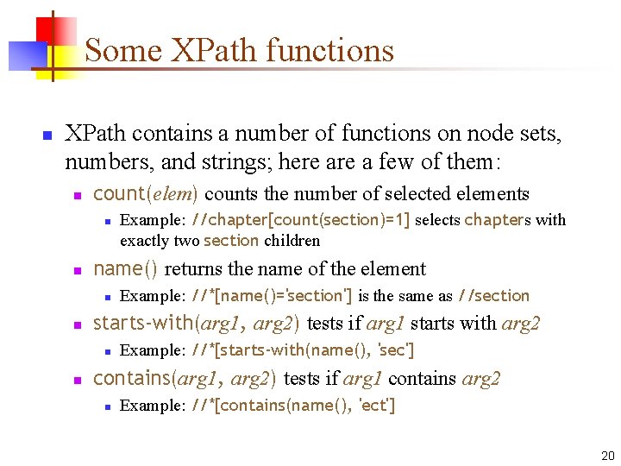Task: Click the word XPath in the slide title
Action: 204,50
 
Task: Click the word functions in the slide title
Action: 330,50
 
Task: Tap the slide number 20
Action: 605,455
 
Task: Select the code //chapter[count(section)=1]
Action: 300,220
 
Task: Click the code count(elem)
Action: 146,193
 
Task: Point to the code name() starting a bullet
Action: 125,269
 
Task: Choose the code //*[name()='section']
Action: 271,296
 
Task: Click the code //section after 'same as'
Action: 493,296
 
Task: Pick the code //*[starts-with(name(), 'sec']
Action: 303,350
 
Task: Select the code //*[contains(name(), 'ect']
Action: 293,406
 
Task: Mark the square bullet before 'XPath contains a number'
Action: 48,135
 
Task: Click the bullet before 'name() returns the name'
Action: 78,271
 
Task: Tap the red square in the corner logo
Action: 58,32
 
